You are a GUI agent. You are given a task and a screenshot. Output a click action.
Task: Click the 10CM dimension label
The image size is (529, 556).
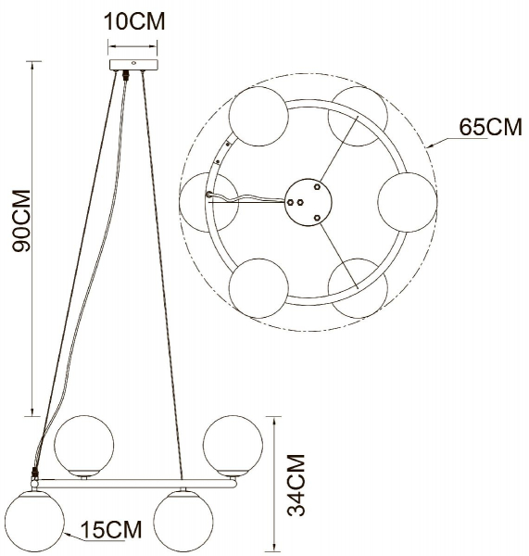coord(134,21)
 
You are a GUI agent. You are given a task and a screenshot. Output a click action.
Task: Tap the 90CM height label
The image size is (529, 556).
coord(21,221)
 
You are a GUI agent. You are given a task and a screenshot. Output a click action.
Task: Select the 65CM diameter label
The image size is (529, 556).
coord(490,127)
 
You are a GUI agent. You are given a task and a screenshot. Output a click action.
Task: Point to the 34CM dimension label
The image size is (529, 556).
coord(296,485)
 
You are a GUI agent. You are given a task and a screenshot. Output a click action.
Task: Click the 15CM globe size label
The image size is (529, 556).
coord(111,529)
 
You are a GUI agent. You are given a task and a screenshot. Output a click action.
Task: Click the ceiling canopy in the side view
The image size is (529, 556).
coord(133,65)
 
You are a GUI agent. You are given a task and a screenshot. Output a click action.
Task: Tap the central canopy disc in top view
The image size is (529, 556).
coord(309,202)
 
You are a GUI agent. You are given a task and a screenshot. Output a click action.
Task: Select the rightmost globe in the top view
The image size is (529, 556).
coord(407,202)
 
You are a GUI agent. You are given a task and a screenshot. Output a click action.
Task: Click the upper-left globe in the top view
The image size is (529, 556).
coord(258,117)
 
